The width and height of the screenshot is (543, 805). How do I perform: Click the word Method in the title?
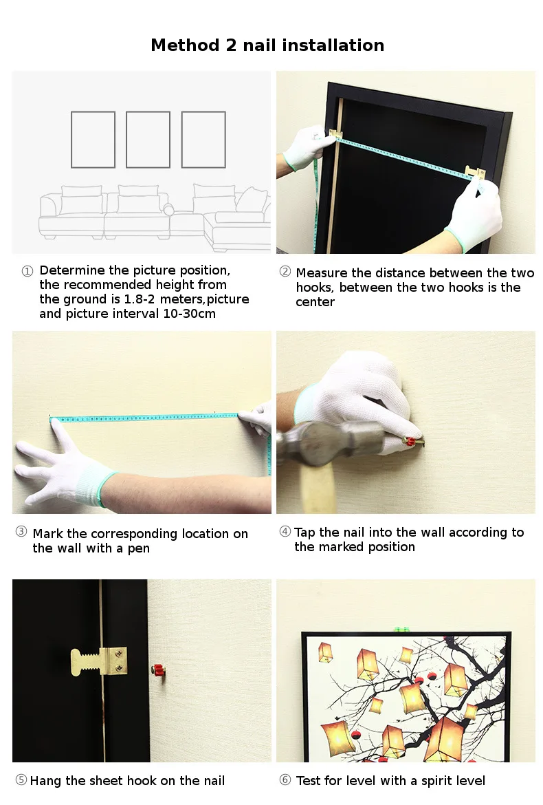click(x=185, y=45)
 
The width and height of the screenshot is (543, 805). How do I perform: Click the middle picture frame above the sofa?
click(x=148, y=140)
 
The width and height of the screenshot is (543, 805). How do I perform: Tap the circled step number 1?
click(x=27, y=271)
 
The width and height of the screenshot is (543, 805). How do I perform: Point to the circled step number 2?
click(x=285, y=272)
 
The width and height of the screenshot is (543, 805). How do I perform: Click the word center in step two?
click(x=315, y=302)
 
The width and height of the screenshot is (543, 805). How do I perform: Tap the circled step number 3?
click(x=21, y=531)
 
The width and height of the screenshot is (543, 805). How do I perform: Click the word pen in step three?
click(x=138, y=549)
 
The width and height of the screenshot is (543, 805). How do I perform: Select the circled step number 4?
click(x=285, y=531)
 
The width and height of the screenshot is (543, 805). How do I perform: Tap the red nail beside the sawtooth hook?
click(x=158, y=669)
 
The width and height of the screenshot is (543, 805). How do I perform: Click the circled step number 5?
click(x=21, y=780)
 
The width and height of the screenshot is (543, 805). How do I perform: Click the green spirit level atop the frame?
click(x=401, y=628)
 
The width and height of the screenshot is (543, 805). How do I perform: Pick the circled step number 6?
click(x=285, y=780)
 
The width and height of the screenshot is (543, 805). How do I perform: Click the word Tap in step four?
click(x=304, y=533)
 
